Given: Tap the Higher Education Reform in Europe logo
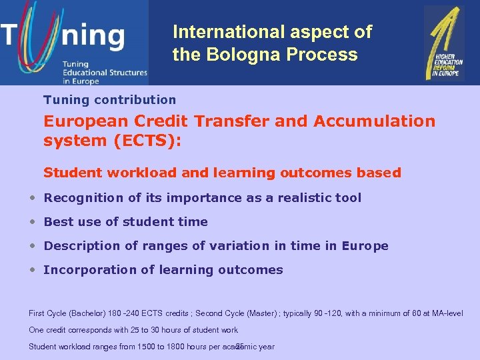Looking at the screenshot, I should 444,43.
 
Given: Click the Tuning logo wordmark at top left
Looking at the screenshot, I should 63,35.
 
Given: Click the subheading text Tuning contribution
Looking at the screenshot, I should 110,100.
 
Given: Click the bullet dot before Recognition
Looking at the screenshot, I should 33,198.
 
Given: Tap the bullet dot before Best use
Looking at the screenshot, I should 33,222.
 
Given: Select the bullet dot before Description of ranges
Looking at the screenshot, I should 33,246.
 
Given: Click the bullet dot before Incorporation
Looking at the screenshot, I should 33,270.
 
